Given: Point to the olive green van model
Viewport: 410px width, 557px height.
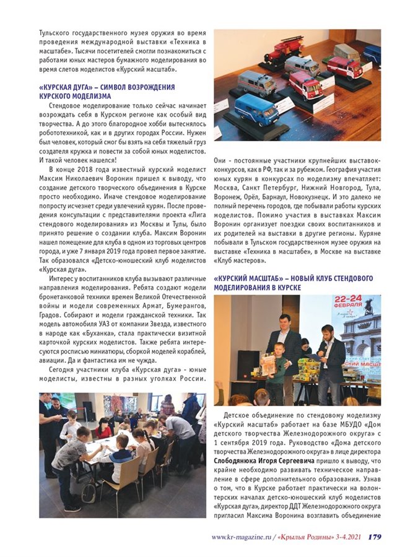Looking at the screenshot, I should [x=347, y=52].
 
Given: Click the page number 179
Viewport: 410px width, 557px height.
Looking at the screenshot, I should [x=375, y=537].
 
